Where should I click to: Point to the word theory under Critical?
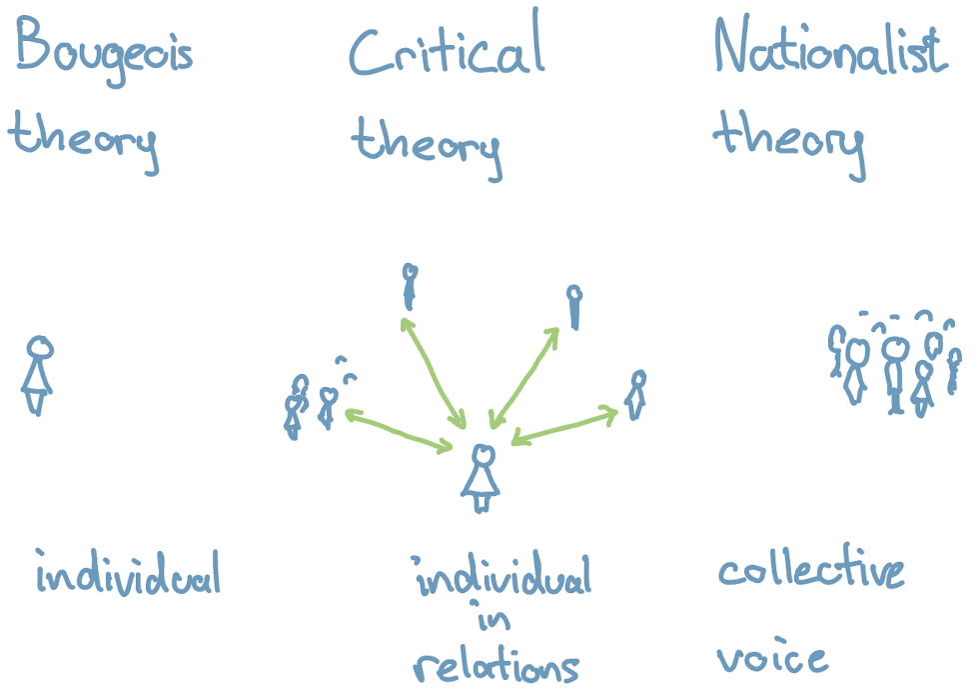(x=427, y=145)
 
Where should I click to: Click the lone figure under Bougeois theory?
(x=38, y=374)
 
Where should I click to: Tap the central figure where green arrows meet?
(x=482, y=478)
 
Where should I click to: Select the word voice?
(x=772, y=658)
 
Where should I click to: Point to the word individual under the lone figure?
(x=127, y=575)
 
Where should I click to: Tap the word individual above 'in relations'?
(x=502, y=578)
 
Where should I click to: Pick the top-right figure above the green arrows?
(x=573, y=306)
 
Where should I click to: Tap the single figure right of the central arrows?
(x=636, y=394)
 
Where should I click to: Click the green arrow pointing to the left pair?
(x=399, y=430)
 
